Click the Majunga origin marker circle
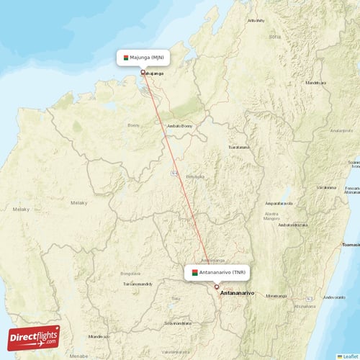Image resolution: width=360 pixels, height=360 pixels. click(143, 71)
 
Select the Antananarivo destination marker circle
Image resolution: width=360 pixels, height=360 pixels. click(216, 287)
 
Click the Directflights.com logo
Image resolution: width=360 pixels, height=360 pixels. click(33, 337)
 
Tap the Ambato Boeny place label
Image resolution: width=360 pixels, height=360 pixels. click(179, 126)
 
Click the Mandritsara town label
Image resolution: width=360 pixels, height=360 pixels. click(315, 83)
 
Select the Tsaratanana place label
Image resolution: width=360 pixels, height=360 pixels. click(238, 147)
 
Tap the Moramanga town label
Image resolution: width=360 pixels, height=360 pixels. click(276, 295)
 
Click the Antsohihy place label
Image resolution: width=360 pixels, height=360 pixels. click(256, 20)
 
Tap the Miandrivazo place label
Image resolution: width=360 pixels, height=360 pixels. click(99, 336)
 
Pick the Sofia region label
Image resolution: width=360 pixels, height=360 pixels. click(274, 36)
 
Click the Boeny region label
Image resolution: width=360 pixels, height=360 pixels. click(134, 125)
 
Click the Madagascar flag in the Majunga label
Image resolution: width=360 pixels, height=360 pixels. click(125, 57)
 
